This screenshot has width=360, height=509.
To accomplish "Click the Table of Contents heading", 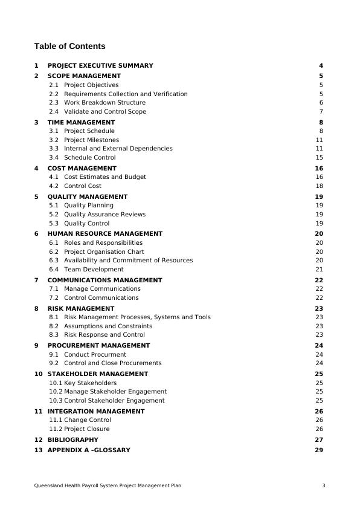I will pos(69,47).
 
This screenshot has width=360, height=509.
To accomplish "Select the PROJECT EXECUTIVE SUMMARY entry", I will pos(100,66).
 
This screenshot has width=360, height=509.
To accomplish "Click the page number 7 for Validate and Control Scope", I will pos(321,112).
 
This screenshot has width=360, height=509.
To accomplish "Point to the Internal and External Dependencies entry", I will pos(118,149).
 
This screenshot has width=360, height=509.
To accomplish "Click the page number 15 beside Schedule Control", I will pos(320,158).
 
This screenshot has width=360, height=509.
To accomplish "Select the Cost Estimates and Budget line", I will pos(104,177).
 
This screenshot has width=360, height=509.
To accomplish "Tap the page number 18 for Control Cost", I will pos(320,186).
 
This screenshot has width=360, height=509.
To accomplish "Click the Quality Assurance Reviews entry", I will pos(104,215).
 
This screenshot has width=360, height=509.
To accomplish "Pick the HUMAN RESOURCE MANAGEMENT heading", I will pos(104,234).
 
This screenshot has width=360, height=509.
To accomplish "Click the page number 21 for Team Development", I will pos(320,270).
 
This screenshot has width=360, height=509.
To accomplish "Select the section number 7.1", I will pos(54,289).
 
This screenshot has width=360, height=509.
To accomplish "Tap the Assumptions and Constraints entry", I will pos(108,326).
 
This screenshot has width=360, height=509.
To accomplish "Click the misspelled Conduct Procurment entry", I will pos(95,355).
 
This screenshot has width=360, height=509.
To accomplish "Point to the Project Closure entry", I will pos(86,429).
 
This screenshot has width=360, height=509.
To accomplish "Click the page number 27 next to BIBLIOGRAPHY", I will pos(320,440).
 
